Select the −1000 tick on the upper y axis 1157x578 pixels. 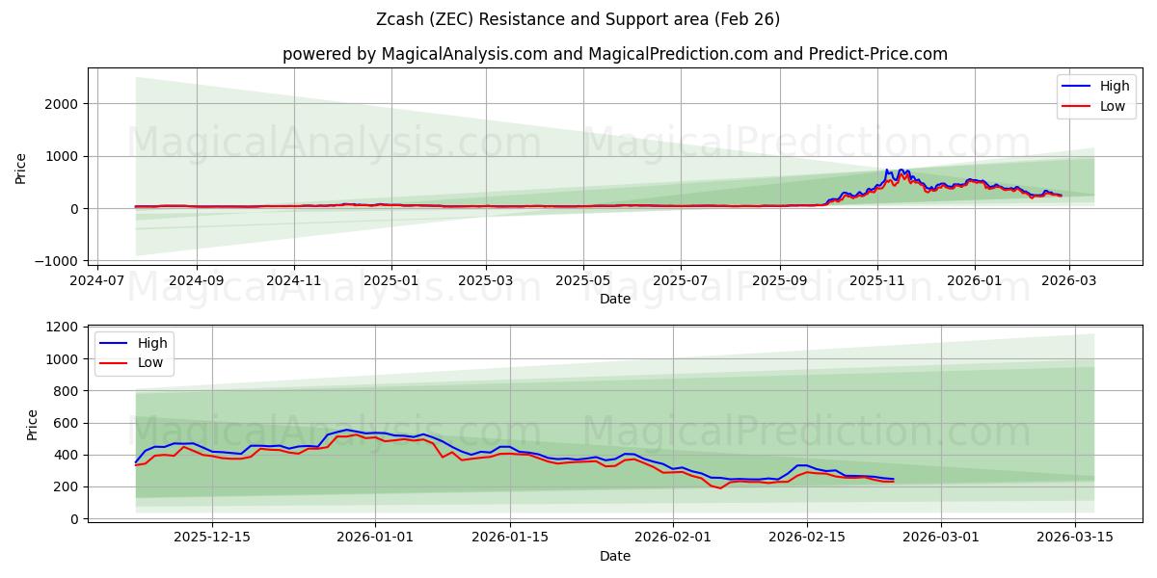(58, 261)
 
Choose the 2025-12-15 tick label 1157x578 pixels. (211, 538)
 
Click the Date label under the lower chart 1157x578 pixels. (615, 556)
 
